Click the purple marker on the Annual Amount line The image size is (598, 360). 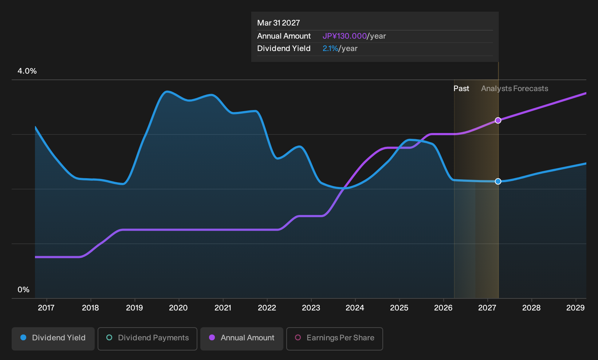tap(498, 121)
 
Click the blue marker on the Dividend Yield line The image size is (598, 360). tap(498, 181)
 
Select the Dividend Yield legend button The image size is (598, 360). tap(53, 339)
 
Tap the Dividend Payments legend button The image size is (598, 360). tap(147, 339)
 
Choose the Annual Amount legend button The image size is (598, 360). tap(241, 339)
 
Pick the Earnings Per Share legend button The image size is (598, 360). tap(334, 339)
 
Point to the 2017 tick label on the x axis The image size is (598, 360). tap(46, 308)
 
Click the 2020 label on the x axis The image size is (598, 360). tap(178, 308)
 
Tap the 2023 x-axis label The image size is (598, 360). tap(311, 308)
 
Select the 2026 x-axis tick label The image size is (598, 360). tap(443, 308)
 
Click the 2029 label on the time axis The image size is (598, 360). tap(575, 308)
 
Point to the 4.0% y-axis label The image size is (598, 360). tap(27, 71)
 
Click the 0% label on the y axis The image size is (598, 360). tap(24, 290)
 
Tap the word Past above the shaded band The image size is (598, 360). tap(461, 89)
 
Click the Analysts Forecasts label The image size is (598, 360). tap(515, 89)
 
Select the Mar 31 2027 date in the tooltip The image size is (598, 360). tap(279, 23)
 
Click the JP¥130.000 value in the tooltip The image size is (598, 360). tap(345, 36)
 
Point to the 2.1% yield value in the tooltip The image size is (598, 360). tap(330, 48)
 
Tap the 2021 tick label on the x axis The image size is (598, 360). tap(223, 308)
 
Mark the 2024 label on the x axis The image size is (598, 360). tap(355, 308)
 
